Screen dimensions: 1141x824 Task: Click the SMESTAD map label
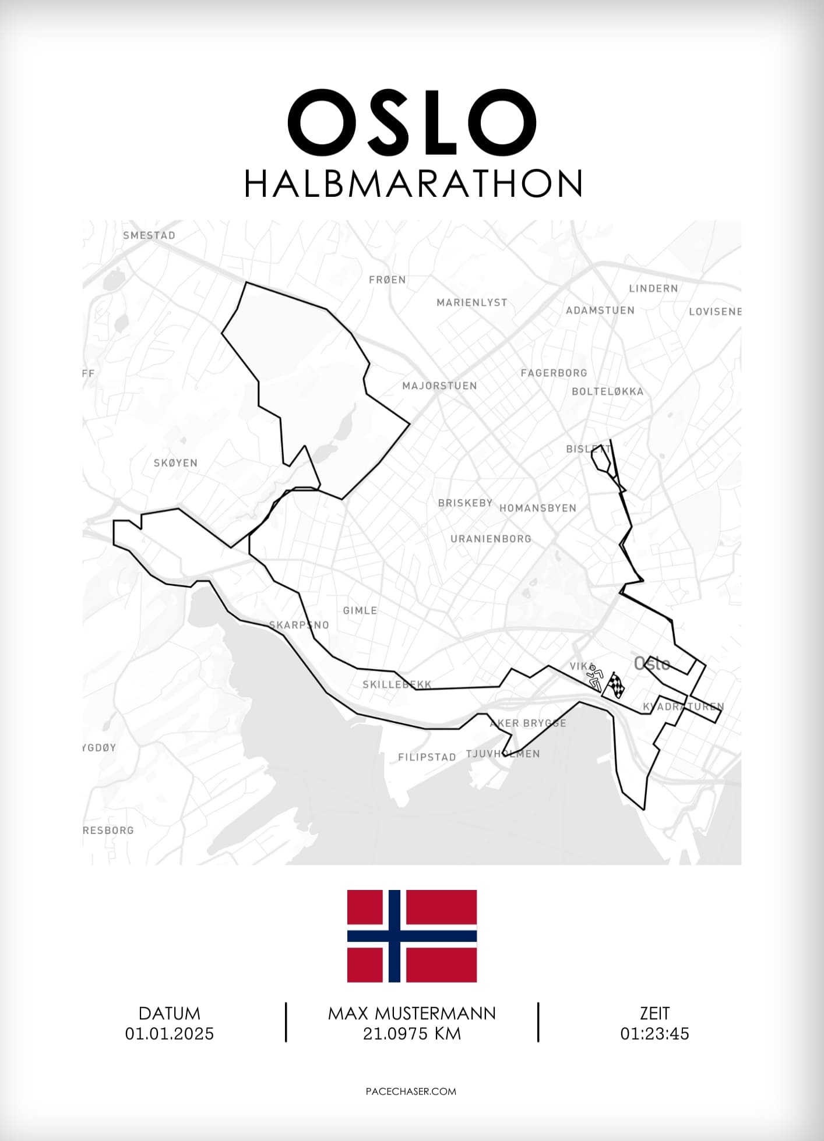(x=149, y=235)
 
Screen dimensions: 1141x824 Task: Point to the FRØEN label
(x=388, y=280)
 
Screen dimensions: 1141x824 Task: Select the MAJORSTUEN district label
(x=439, y=386)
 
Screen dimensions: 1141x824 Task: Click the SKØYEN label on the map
(x=175, y=463)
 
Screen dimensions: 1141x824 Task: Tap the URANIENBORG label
(x=491, y=539)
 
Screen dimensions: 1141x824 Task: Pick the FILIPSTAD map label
(x=427, y=757)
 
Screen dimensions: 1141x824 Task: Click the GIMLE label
(x=360, y=610)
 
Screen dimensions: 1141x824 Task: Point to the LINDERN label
(x=653, y=288)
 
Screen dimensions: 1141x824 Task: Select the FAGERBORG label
(x=554, y=373)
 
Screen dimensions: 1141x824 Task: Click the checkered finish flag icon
(x=616, y=686)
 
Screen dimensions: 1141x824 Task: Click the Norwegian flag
(x=412, y=936)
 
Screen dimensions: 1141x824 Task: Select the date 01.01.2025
(x=170, y=1034)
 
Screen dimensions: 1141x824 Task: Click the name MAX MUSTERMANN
(x=412, y=1013)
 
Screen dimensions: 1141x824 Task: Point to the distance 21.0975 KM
(x=412, y=1034)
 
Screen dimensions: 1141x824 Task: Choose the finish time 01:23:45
(x=654, y=1034)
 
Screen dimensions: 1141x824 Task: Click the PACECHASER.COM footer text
(x=411, y=1091)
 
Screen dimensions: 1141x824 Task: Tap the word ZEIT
(x=654, y=1013)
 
